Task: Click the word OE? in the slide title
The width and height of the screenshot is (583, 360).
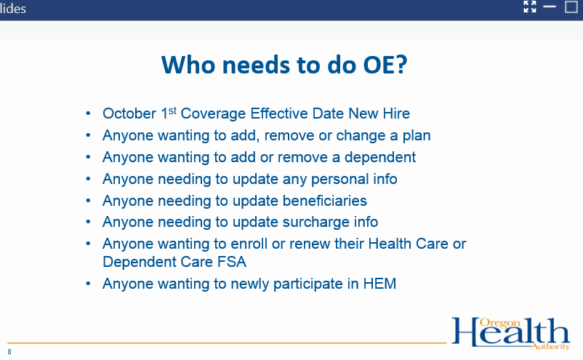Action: [x=385, y=64]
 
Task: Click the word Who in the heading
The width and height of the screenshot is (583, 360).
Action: [x=188, y=64]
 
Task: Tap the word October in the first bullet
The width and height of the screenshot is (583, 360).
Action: [x=129, y=113]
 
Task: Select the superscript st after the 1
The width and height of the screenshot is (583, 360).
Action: [x=172, y=111]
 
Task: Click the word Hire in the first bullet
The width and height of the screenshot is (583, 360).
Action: [x=396, y=113]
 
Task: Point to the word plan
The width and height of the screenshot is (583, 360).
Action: [x=417, y=135]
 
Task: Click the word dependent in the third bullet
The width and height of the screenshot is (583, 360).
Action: [x=380, y=157]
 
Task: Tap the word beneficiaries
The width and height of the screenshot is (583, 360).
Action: [x=325, y=201]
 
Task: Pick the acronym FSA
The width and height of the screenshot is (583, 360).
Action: [x=232, y=262]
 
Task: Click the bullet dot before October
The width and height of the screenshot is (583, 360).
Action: [x=88, y=113]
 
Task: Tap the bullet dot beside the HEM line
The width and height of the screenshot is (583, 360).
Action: [x=88, y=284]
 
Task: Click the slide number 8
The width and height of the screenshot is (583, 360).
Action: [x=9, y=352]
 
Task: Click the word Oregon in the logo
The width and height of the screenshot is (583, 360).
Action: [x=499, y=323]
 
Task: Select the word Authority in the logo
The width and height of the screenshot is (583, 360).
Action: [x=550, y=347]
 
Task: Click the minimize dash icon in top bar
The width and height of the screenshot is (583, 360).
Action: [x=549, y=7]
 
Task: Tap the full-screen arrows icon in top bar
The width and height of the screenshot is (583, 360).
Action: [x=530, y=7]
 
